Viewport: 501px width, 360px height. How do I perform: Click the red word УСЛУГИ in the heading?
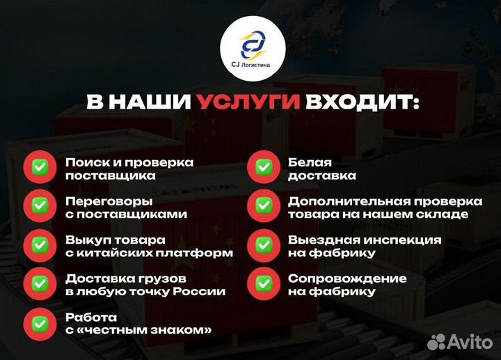248,102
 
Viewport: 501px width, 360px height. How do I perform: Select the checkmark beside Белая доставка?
264,168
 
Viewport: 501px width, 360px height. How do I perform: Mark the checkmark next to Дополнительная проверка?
264,207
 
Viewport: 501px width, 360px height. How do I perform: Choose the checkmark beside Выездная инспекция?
264,246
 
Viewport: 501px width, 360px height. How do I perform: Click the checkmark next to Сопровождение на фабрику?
264,284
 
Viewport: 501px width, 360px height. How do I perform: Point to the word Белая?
306,162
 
